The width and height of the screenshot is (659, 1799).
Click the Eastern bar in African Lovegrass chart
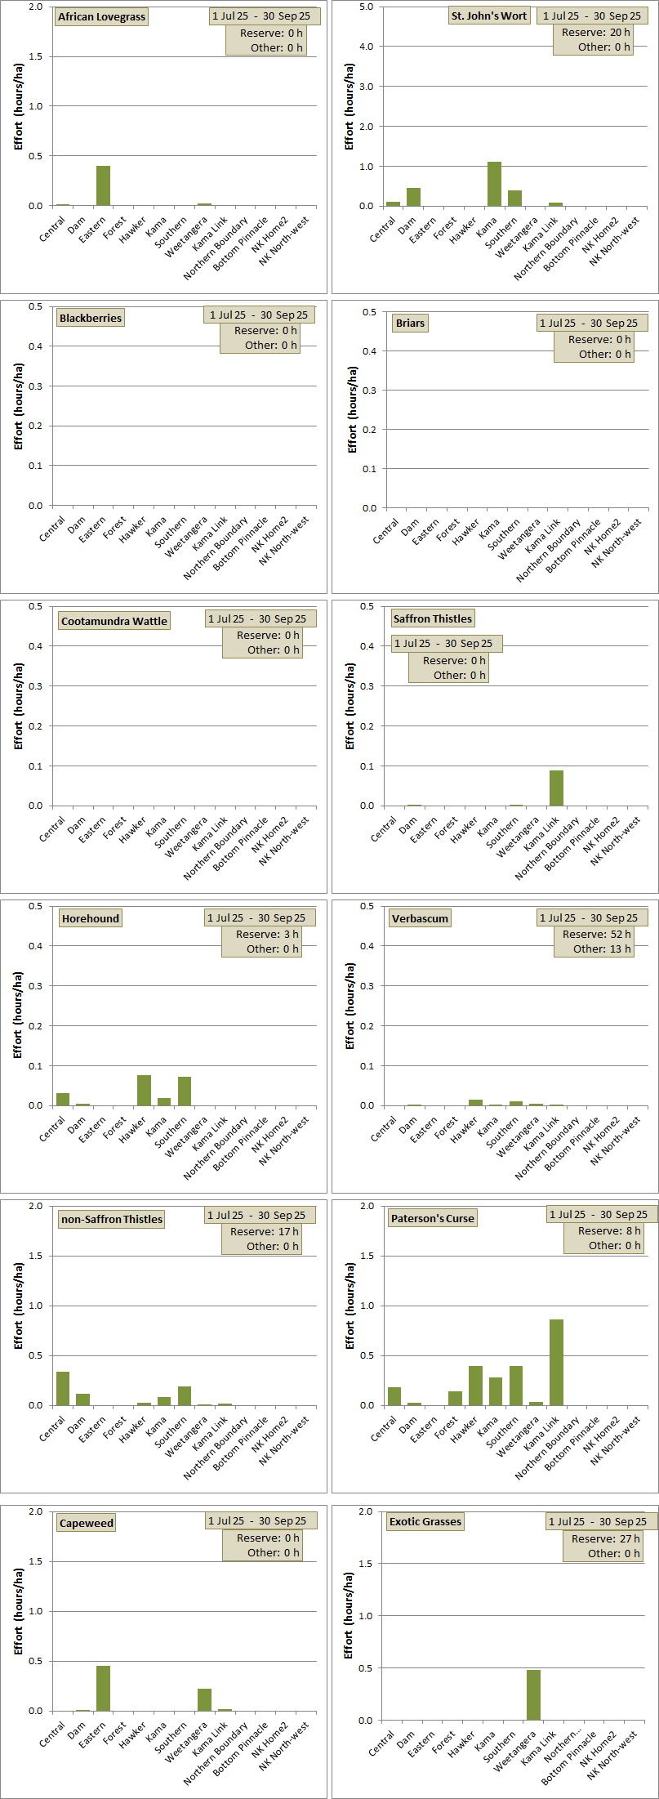pyautogui.click(x=103, y=186)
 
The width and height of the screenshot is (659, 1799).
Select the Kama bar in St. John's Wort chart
pyautogui.click(x=494, y=185)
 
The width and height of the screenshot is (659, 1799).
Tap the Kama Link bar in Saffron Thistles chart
pyautogui.click(x=556, y=788)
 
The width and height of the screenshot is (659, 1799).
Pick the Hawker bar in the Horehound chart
pyautogui.click(x=144, y=1091)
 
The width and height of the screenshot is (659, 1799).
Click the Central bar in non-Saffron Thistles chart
pyautogui.click(x=63, y=1388)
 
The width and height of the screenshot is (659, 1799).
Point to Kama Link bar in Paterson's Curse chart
pyautogui.click(x=556, y=1362)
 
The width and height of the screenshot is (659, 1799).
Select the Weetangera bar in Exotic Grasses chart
pyautogui.click(x=533, y=1694)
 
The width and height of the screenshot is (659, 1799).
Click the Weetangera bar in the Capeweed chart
pyautogui.click(x=204, y=1699)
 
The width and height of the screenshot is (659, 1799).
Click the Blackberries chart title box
pyautogui.click(x=91, y=319)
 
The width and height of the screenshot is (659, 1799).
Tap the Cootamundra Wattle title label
pyautogui.click(x=114, y=621)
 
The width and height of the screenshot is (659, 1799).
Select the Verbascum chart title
pyautogui.click(x=420, y=918)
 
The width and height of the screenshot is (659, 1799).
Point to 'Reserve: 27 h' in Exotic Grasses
pyautogui.click(x=606, y=1538)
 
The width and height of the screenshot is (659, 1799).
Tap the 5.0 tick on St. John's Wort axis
pyautogui.click(x=367, y=7)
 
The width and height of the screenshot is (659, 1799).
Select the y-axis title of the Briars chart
pyautogui.click(x=352, y=409)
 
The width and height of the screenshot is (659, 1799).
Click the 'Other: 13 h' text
pyautogui.click(x=602, y=949)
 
